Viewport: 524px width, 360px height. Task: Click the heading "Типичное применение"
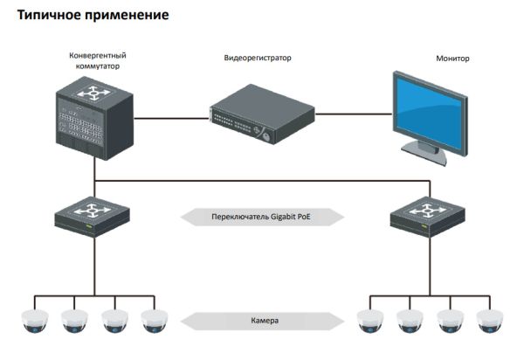tap(88, 16)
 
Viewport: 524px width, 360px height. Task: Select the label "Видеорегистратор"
tap(258, 58)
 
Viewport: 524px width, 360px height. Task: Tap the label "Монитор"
tap(452, 59)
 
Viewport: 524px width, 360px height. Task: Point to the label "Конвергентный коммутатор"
tap(94, 60)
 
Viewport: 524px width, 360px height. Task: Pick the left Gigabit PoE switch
tap(92, 215)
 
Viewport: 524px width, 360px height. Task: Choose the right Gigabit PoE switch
tap(427, 215)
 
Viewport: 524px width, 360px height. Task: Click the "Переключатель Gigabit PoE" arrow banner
tap(259, 216)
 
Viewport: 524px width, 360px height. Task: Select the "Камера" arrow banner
tap(259, 321)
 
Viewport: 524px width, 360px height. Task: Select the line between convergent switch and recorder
tap(171, 114)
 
